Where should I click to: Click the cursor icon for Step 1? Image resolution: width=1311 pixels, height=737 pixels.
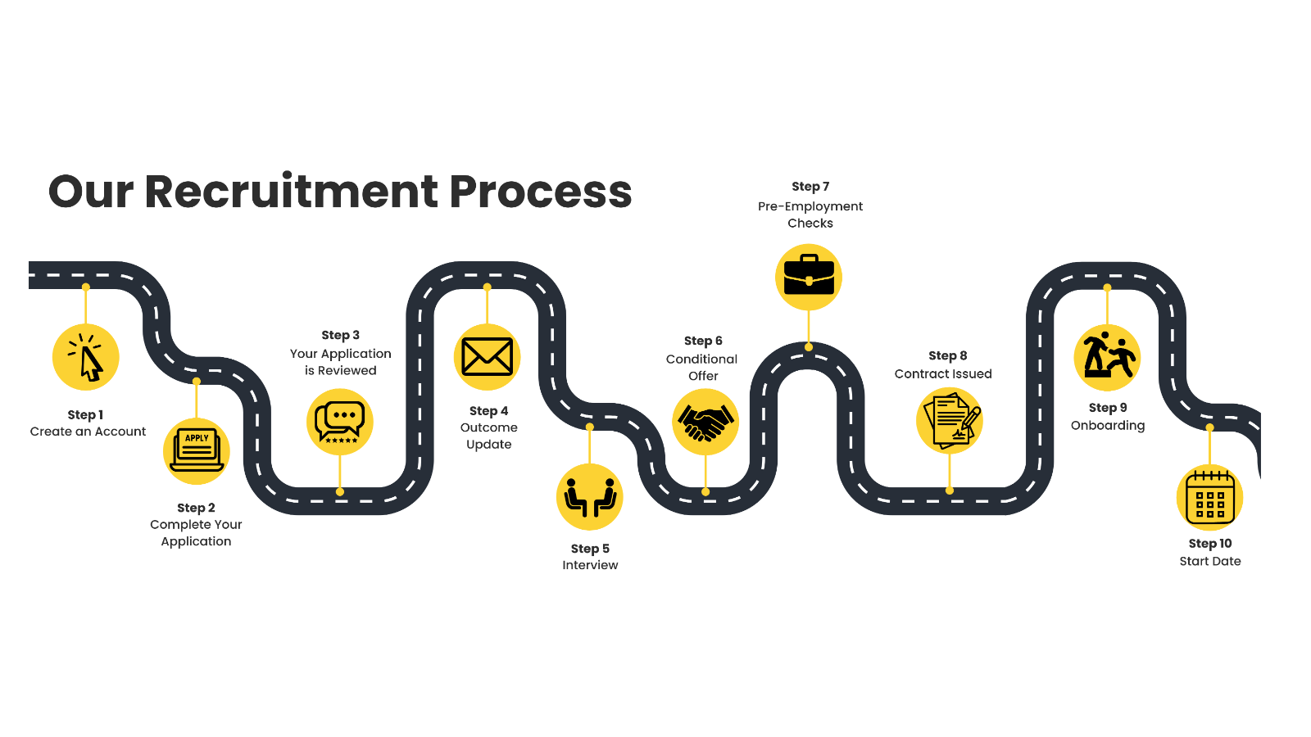(x=86, y=357)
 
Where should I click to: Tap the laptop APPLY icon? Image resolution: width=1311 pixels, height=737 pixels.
(x=197, y=451)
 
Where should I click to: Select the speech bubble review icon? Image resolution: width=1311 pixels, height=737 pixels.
(x=340, y=422)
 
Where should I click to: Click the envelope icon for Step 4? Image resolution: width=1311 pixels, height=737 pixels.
(x=488, y=357)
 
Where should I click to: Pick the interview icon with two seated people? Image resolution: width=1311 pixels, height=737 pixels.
(x=590, y=497)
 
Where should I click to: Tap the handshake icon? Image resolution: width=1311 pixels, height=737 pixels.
(x=705, y=422)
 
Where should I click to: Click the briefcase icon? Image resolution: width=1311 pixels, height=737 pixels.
(x=809, y=277)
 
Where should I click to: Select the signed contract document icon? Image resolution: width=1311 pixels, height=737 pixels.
(x=950, y=421)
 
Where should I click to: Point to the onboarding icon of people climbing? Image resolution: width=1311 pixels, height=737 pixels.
(x=1107, y=358)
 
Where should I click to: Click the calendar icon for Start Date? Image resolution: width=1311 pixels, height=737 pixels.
(x=1210, y=498)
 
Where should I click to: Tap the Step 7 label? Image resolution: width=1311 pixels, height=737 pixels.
(x=810, y=187)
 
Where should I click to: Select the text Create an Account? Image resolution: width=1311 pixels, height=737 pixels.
(x=88, y=432)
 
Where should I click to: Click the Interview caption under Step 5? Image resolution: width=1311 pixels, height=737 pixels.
(x=590, y=565)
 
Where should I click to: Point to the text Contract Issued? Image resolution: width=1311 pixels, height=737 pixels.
(x=943, y=374)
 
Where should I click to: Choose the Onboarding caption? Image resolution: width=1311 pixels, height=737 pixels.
(x=1108, y=425)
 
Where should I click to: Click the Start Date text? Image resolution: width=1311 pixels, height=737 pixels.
(x=1210, y=561)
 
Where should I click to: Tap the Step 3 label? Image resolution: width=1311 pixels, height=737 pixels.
(x=340, y=335)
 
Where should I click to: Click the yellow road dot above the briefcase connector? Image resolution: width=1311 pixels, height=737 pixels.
(x=809, y=347)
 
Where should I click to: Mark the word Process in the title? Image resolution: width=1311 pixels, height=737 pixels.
(x=540, y=192)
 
